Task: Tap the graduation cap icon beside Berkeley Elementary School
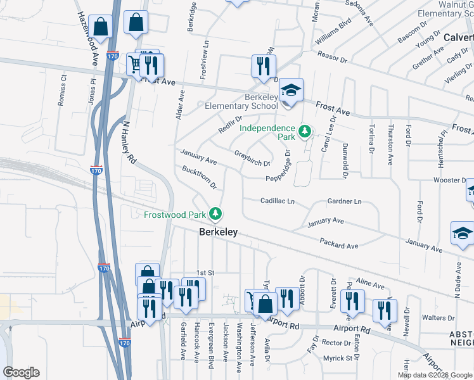pyautogui.click(x=291, y=91)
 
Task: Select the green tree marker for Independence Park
pyautogui.click(x=305, y=132)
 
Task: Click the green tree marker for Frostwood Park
pyautogui.click(x=217, y=214)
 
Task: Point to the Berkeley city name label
pyautogui.click(x=219, y=232)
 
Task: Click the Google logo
pyautogui.click(x=21, y=372)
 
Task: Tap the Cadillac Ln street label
pyautogui.click(x=278, y=201)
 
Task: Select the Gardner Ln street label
pyautogui.click(x=344, y=201)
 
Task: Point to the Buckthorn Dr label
pyautogui.click(x=200, y=178)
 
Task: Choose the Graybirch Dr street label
pyautogui.click(x=252, y=158)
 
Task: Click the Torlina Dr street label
pyautogui.click(x=371, y=141)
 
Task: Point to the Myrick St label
pyautogui.click(x=337, y=358)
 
